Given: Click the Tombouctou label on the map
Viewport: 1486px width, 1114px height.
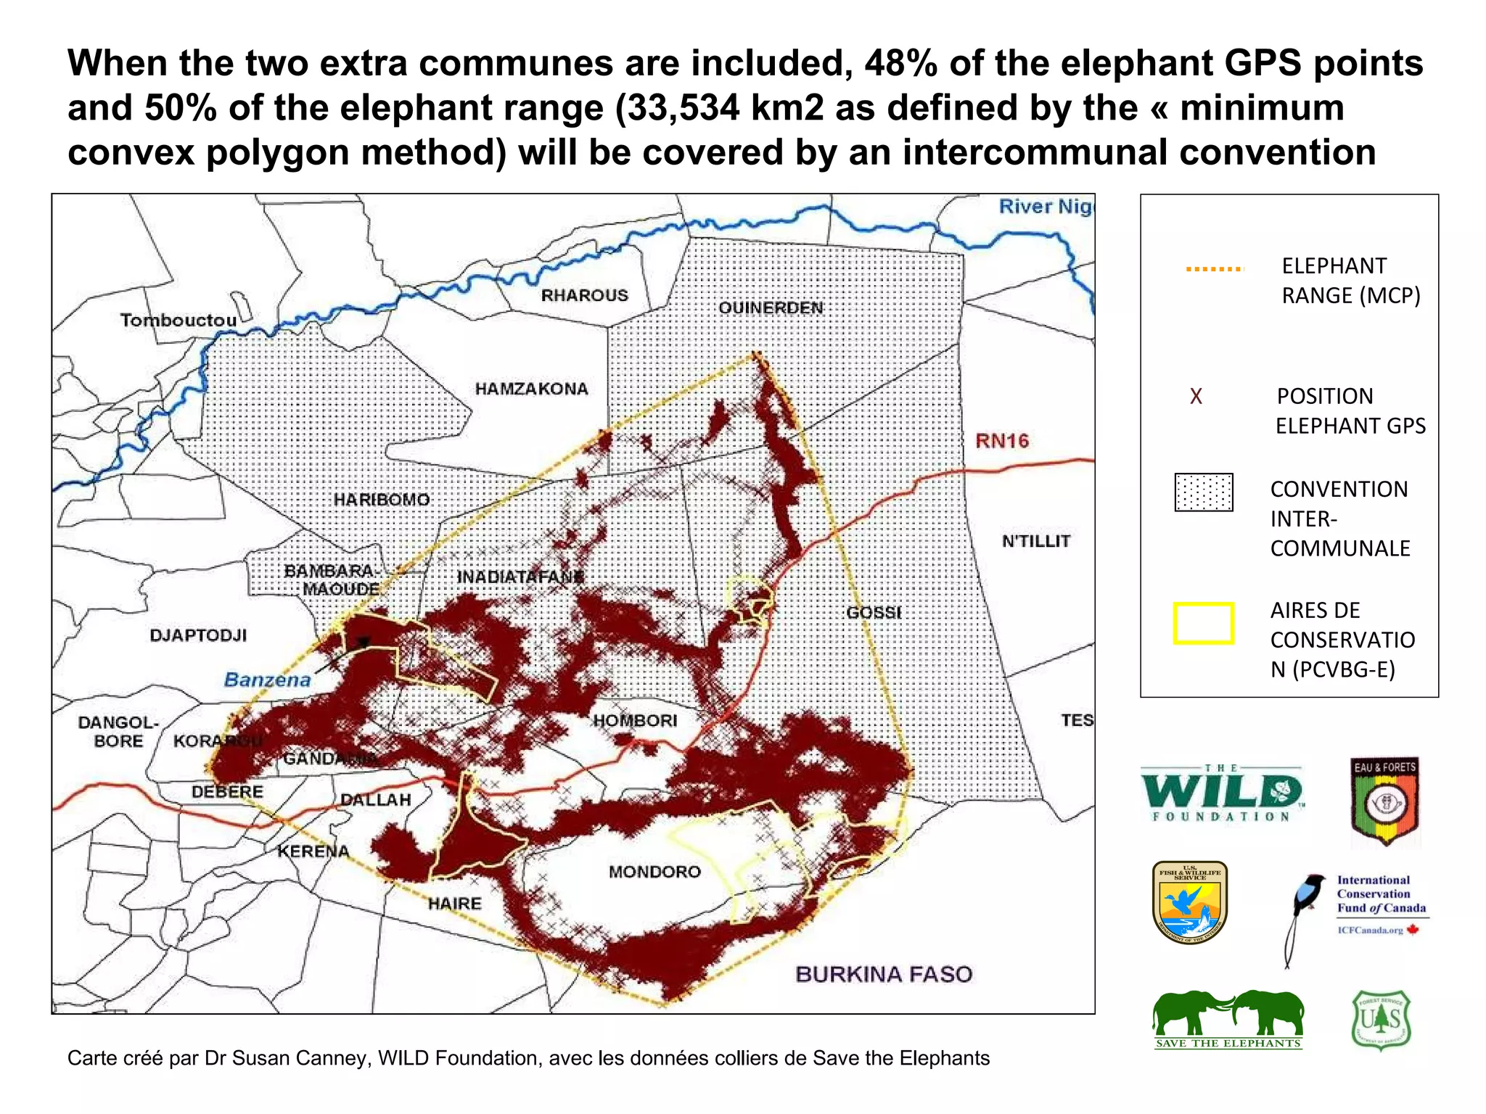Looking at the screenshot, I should [x=178, y=320].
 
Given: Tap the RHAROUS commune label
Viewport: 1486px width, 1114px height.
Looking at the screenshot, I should [x=584, y=295].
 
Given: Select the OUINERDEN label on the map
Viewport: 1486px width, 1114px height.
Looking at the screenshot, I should [x=771, y=308].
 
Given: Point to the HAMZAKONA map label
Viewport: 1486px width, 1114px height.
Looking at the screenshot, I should [x=531, y=389].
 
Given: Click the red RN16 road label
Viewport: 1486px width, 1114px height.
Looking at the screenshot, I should [x=1001, y=440].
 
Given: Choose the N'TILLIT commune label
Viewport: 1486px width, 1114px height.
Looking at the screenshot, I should [x=1035, y=541].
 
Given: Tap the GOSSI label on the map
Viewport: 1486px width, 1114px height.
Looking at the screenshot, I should [x=874, y=612].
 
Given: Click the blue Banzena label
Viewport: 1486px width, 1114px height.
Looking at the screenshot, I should [x=267, y=680].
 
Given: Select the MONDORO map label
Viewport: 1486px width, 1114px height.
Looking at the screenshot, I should [x=654, y=872].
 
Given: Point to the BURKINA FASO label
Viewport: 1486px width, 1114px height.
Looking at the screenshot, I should [x=883, y=974].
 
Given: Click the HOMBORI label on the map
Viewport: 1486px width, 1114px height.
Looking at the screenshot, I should [x=635, y=720].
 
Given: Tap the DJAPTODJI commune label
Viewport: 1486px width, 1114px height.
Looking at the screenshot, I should [x=198, y=635].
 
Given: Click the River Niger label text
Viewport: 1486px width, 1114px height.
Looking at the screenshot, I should [x=1045, y=207].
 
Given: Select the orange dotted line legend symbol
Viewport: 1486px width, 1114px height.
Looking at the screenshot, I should [x=1214, y=269].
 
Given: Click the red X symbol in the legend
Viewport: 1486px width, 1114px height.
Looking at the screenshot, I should [x=1196, y=396].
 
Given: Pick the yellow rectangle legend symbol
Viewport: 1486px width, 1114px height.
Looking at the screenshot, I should [x=1203, y=623].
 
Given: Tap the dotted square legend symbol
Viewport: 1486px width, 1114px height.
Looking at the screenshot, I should [x=1203, y=492].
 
